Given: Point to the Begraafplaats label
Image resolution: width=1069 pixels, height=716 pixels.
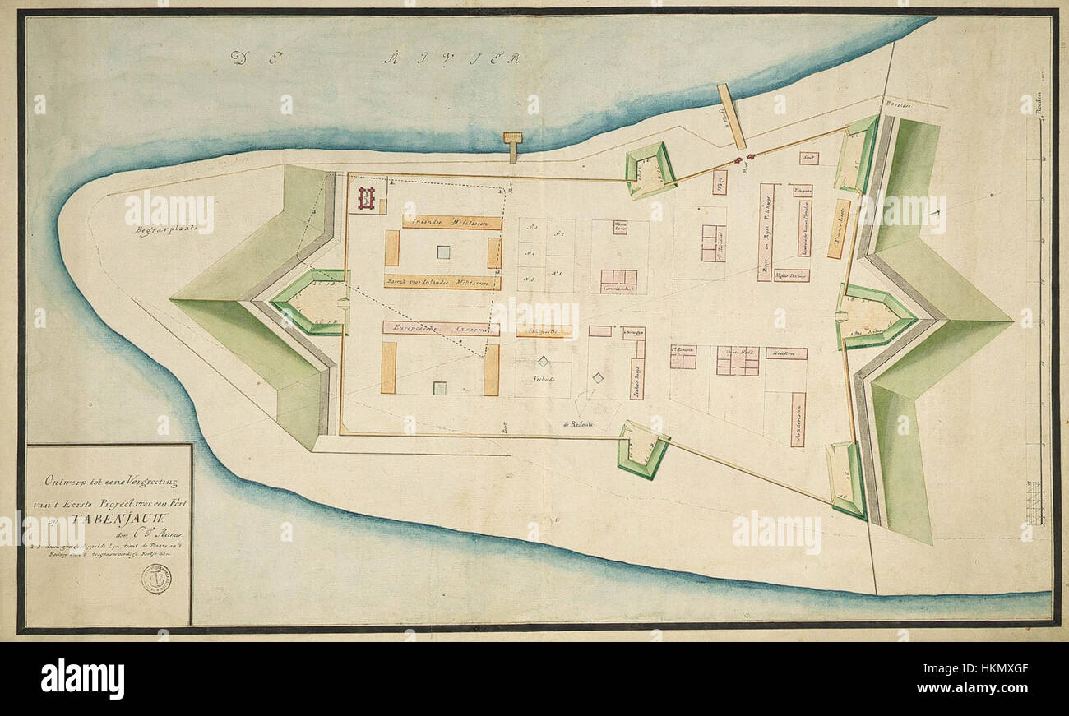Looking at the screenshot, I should (x=163, y=231).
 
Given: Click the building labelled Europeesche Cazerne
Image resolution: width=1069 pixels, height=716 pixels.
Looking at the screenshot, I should (x=441, y=328).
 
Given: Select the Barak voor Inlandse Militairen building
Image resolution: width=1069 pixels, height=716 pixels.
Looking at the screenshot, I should (x=442, y=282).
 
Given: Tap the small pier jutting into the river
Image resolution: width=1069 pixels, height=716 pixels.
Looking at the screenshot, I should (x=513, y=145).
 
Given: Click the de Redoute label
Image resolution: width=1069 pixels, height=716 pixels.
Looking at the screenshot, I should (x=579, y=423).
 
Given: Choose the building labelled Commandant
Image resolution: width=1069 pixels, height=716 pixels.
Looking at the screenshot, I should (x=618, y=281).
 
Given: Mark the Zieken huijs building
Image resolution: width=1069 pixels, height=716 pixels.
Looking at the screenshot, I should (x=636, y=377).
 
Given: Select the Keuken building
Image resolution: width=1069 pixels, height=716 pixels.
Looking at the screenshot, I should (x=785, y=353).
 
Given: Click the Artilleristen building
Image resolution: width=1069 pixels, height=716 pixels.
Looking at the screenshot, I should (x=797, y=419).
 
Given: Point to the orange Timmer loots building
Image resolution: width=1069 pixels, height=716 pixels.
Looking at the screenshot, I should (x=839, y=229).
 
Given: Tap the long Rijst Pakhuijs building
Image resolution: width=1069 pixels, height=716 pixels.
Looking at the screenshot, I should (x=765, y=232).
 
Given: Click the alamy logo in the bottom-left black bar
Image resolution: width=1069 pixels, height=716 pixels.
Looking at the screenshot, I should (x=82, y=679).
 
